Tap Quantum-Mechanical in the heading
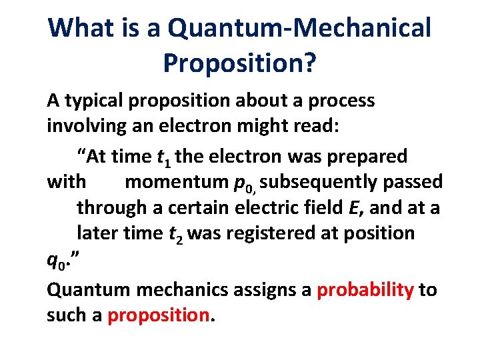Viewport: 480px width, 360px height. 299,28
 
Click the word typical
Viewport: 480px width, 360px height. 95,101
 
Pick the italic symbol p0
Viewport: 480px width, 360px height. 244,183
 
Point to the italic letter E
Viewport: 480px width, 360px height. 353,207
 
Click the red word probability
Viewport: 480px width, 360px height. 365,290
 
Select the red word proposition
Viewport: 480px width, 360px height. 158,315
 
